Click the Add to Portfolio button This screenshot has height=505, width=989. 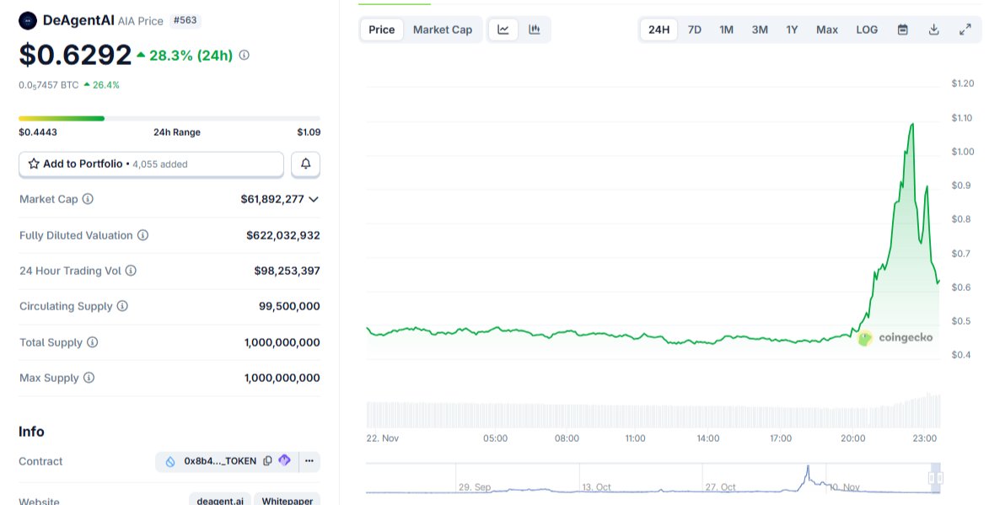(151, 164)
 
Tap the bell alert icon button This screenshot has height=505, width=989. (305, 164)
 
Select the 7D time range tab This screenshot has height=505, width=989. (694, 30)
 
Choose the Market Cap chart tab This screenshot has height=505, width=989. (442, 30)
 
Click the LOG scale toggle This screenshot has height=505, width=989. (867, 30)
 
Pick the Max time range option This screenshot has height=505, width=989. (826, 30)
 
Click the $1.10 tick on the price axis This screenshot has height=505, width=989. (962, 118)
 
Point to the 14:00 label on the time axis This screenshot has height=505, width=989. (707, 438)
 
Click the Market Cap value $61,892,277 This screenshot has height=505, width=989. (271, 200)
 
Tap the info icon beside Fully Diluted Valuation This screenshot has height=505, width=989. (142, 235)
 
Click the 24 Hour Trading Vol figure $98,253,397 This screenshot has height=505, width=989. (287, 271)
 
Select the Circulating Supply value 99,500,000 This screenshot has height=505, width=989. (289, 306)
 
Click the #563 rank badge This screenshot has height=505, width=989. (185, 20)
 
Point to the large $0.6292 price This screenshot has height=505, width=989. (75, 55)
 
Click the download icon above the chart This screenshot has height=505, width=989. (933, 30)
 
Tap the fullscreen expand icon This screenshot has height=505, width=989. (965, 30)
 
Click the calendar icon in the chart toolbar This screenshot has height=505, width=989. (902, 30)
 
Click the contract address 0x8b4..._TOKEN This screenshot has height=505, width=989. (219, 461)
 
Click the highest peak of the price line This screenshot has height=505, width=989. (912, 124)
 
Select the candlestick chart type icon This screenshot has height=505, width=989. (534, 30)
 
